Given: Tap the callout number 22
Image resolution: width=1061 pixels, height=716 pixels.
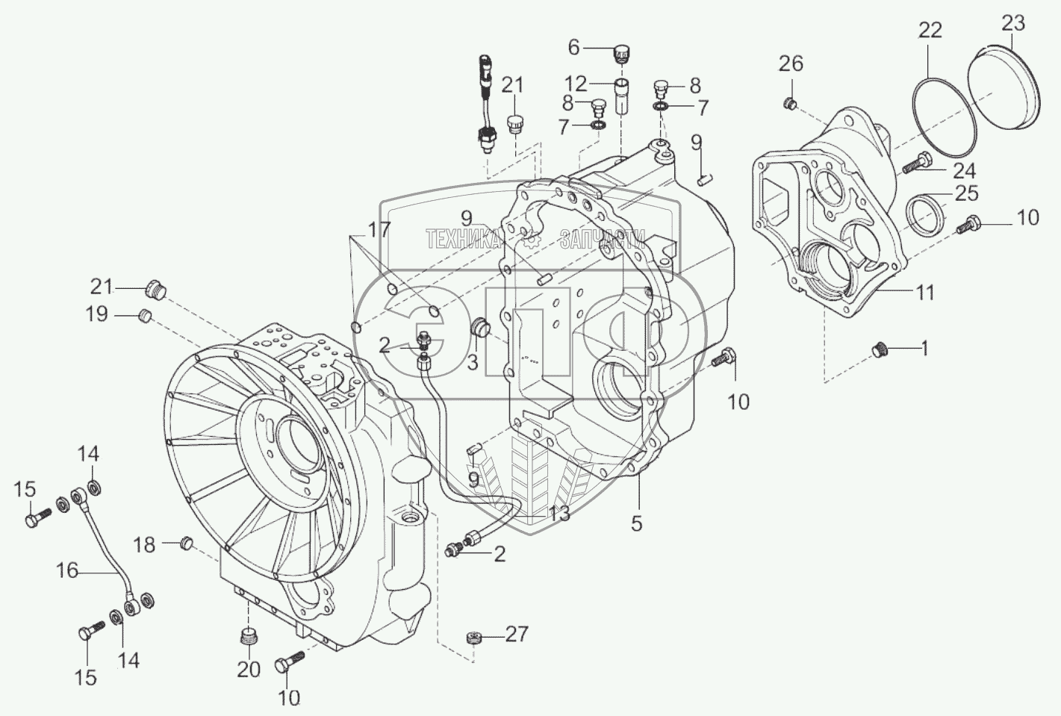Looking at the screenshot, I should [x=930, y=30].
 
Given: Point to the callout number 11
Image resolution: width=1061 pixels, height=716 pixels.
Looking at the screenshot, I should [x=925, y=293].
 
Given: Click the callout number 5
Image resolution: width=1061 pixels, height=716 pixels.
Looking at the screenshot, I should [x=635, y=523].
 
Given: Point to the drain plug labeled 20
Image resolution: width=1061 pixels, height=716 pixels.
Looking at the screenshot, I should [x=249, y=639].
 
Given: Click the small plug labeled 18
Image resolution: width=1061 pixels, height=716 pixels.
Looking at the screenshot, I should [x=187, y=542].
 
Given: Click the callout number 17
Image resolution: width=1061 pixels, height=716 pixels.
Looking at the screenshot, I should [x=379, y=230].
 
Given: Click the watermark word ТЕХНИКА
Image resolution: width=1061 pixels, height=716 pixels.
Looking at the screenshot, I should [x=462, y=238].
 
